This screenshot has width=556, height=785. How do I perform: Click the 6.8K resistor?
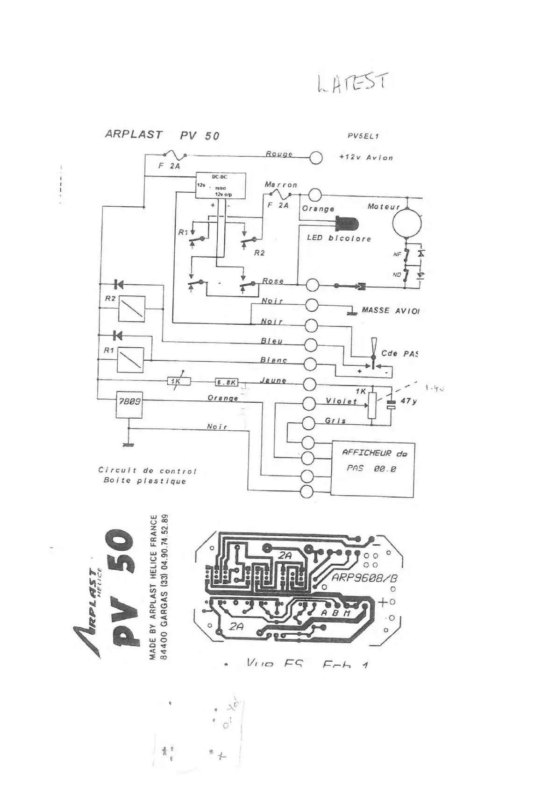227,382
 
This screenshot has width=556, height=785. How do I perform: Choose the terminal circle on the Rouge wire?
316,158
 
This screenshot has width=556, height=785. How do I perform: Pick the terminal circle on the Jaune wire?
310,384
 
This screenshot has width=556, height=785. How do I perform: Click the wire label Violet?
341,401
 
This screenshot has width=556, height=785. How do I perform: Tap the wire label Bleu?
271,341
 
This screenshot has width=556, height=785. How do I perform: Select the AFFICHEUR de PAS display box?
372,469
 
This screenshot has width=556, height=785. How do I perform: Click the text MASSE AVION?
390,310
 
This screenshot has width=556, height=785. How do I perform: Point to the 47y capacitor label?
408,400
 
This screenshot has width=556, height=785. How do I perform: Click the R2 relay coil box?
131,308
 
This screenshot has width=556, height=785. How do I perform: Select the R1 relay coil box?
130,359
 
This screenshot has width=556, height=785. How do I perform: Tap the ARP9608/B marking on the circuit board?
364,578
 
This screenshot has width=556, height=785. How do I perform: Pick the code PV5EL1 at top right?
363,136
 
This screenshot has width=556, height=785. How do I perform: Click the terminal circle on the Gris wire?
309,423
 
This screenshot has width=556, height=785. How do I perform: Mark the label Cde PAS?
399,353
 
